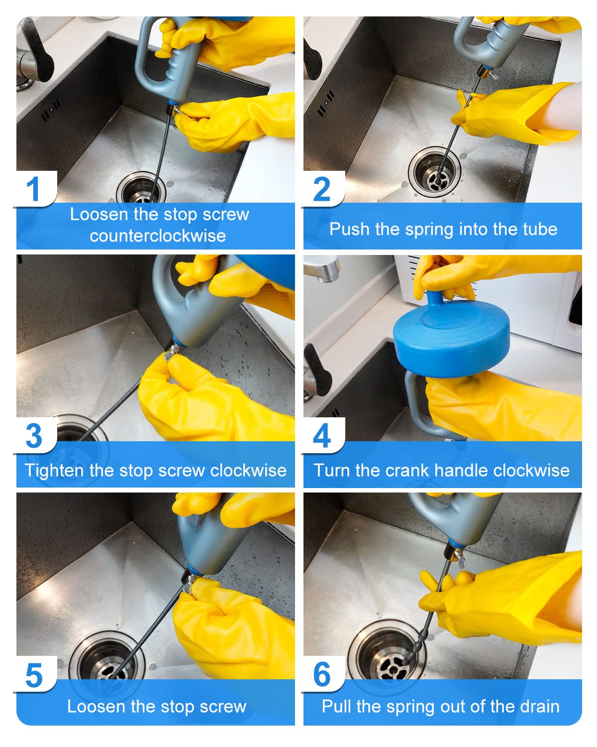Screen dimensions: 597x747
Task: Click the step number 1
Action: [33, 189]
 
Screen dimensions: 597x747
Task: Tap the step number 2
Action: [321, 189]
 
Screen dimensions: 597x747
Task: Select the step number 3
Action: [34, 435]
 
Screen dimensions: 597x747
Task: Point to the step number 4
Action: [321, 435]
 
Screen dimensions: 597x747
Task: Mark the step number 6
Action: [322, 674]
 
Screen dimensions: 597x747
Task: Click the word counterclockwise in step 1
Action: [158, 236]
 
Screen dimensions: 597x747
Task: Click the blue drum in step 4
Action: [451, 337]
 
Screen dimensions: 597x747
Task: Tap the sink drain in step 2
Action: [435, 172]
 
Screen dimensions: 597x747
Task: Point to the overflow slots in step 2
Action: [325, 104]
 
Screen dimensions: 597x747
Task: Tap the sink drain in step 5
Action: [107, 657]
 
